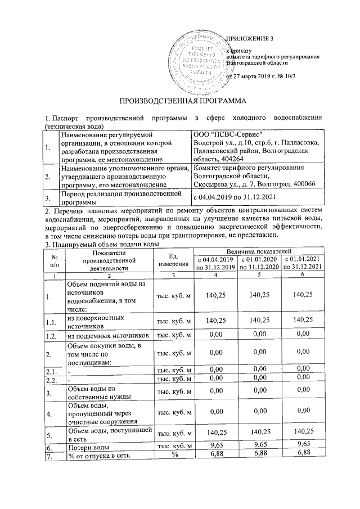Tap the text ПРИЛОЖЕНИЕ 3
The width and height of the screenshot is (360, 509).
pyautogui.click(x=249, y=38)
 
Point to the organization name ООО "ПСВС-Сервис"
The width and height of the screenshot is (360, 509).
pyautogui.click(x=223, y=136)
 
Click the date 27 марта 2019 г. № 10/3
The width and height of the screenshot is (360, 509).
pyautogui.click(x=268, y=76)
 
